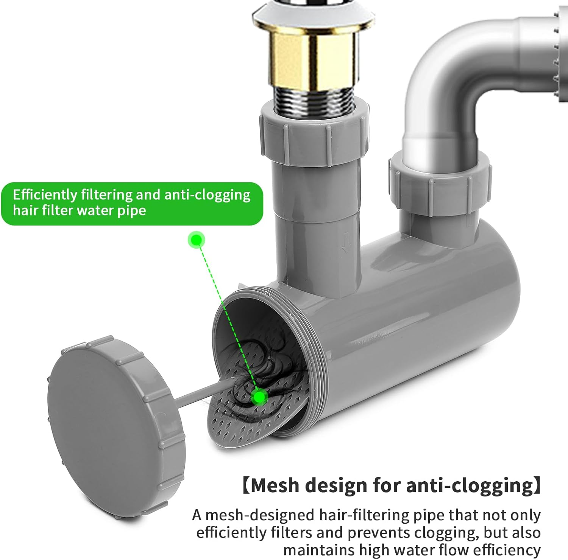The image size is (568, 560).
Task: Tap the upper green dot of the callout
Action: pos(196,240)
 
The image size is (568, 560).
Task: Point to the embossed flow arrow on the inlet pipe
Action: pos(345,243)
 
